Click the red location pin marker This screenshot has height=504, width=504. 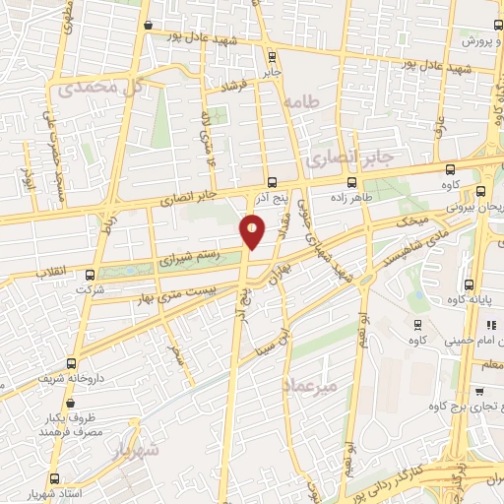pos(253,232)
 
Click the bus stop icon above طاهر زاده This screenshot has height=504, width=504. pos(352,183)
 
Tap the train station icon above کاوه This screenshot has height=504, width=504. pos(417,324)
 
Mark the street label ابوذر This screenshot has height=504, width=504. pos(28,177)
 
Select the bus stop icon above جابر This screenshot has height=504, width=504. pos(273,55)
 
